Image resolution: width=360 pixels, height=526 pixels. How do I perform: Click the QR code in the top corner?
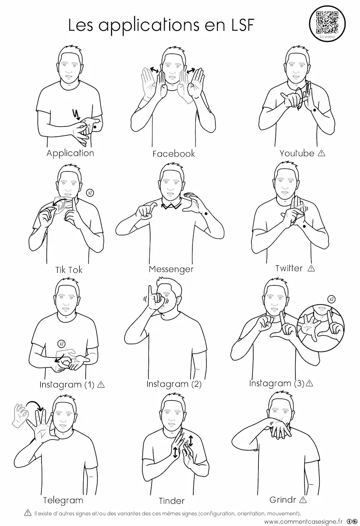click(327, 22)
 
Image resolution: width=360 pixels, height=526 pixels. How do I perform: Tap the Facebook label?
click(173, 154)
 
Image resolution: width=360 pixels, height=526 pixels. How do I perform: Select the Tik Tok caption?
click(69, 270)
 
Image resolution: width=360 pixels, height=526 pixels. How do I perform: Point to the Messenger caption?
click(171, 269)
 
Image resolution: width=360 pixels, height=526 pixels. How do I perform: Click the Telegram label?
click(63, 500)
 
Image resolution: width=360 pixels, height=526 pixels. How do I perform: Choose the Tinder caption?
click(172, 501)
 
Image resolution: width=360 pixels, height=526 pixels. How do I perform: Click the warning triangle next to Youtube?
click(322, 153)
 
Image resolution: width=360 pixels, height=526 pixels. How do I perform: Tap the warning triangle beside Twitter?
click(311, 268)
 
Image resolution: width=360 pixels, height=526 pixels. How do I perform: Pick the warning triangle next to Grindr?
click(303, 500)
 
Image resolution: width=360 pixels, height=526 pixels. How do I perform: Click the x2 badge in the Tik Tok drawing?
click(90, 193)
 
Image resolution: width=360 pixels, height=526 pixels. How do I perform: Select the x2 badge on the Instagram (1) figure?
click(61, 344)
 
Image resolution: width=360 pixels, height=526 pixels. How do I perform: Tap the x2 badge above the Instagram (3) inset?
click(331, 299)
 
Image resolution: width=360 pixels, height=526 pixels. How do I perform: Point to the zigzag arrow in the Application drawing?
click(77, 114)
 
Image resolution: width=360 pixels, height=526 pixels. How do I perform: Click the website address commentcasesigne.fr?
click(304, 521)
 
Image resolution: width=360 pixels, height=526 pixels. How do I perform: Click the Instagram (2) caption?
click(174, 384)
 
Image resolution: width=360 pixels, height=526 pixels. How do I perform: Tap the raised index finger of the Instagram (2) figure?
click(150, 292)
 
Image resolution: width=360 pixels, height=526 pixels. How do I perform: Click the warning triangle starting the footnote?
click(28, 513)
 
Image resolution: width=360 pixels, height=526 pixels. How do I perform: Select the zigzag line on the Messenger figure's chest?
click(171, 205)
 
